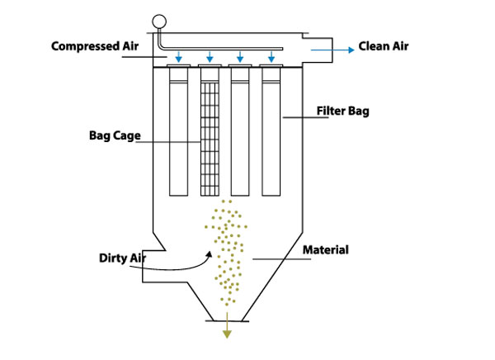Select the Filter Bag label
click(341, 111)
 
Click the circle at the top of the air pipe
click(159, 21)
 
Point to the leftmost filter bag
click(179, 132)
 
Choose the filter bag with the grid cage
click(210, 132)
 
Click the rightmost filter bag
click(271, 132)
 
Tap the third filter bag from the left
click(241, 132)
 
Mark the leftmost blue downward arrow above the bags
click(179, 56)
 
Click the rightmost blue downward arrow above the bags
click(271, 56)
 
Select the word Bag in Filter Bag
click(357, 111)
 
